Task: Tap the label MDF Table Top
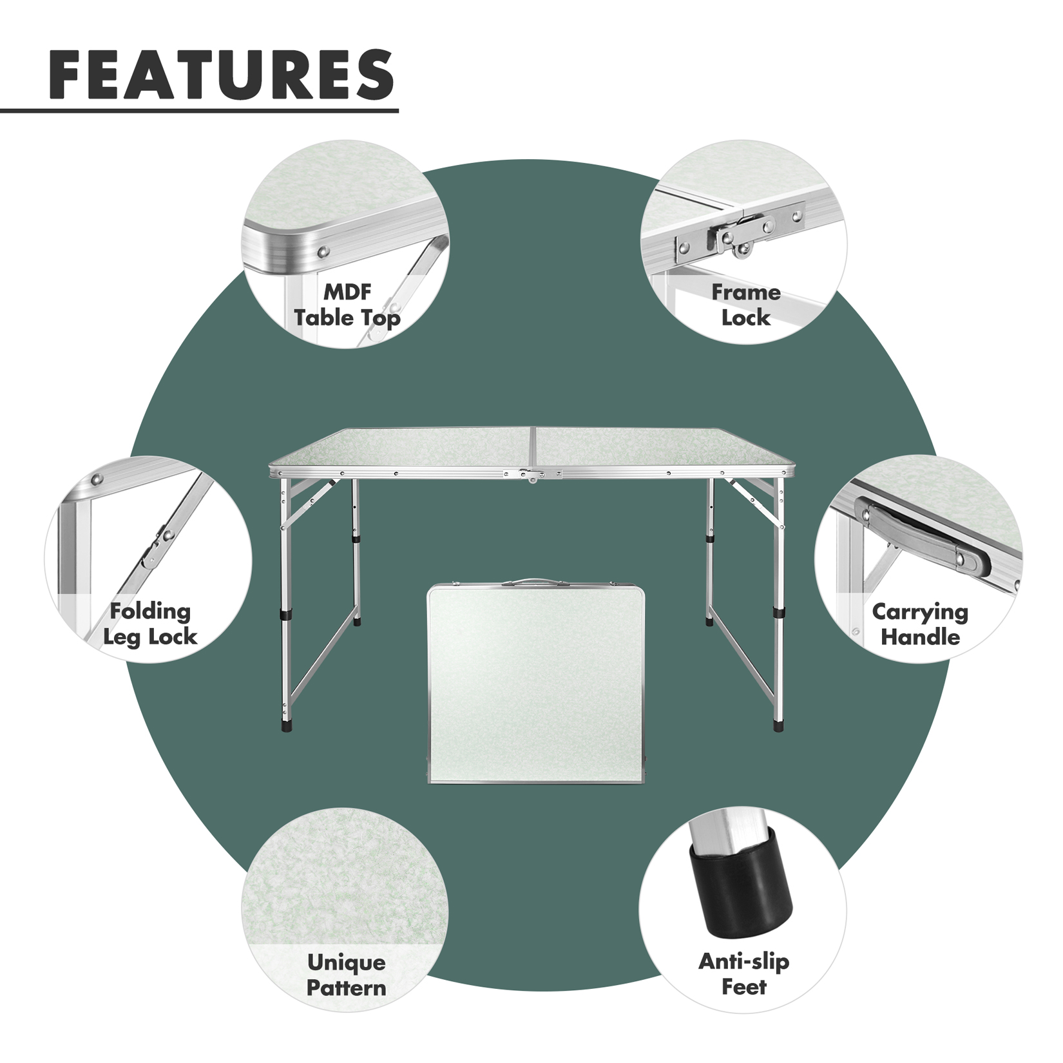click(347, 305)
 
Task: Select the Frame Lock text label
click(746, 305)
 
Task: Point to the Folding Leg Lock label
click(150, 624)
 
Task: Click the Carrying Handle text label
click(920, 624)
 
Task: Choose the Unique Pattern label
click(347, 975)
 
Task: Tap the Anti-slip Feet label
click(744, 974)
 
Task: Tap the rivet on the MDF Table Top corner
click(324, 251)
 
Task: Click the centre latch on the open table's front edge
click(533, 476)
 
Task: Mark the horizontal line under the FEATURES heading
click(199, 111)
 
